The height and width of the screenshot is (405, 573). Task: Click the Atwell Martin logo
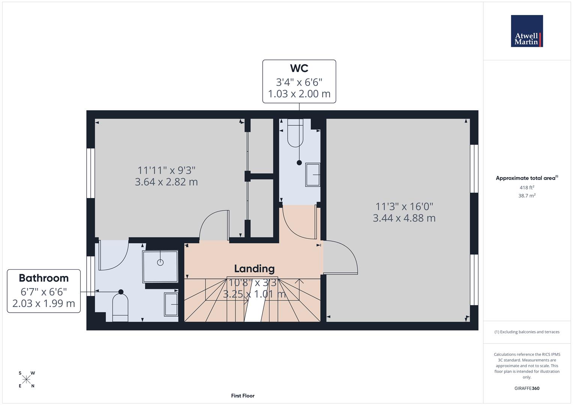(x=526, y=31)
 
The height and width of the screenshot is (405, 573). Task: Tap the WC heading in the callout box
(x=299, y=68)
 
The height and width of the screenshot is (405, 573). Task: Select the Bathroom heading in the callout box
(x=44, y=278)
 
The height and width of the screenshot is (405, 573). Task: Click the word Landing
(x=254, y=268)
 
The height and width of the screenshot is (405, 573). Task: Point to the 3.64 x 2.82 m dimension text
(x=166, y=182)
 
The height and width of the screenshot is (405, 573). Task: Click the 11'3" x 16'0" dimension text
(x=404, y=206)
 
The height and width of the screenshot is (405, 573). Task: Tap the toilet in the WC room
(x=295, y=133)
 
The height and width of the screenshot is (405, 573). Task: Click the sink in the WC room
(x=313, y=174)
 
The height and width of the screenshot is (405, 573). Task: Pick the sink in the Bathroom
(x=171, y=304)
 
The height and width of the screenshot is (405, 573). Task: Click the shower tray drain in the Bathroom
(x=160, y=262)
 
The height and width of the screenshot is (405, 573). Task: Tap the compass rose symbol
(x=26, y=379)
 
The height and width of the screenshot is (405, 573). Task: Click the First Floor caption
(x=242, y=396)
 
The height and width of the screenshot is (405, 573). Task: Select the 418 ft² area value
(x=526, y=187)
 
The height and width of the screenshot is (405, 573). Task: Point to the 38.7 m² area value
(x=526, y=195)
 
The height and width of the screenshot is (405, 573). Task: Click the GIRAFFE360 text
(x=526, y=388)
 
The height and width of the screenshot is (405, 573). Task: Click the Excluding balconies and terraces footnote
(x=526, y=332)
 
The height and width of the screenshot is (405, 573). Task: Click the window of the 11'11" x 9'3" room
(x=90, y=173)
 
